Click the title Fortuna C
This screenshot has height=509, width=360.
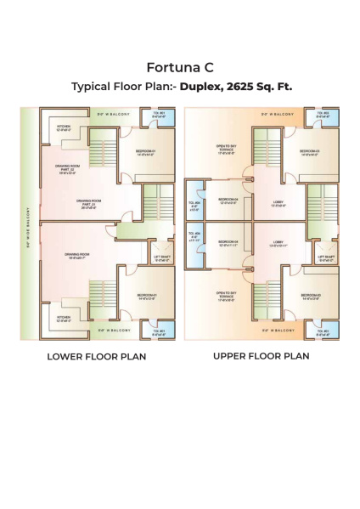tap(180, 67)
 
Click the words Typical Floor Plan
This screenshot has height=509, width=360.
tap(120, 86)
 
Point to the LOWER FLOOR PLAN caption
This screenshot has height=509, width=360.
tap(96, 356)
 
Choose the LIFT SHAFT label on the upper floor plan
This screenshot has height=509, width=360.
tap(326, 257)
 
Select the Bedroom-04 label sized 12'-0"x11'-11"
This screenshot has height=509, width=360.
tap(228, 243)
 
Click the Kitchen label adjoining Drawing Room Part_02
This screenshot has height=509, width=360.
tap(65, 128)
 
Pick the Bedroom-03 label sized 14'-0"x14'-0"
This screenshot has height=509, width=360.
tap(311, 152)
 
